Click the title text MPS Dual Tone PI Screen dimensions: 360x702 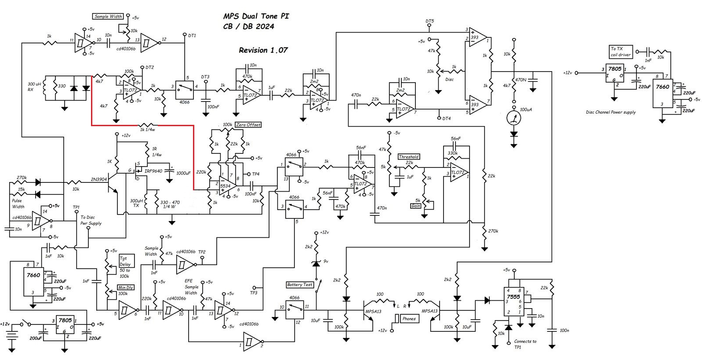(256, 16)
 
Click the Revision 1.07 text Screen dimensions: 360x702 (263, 50)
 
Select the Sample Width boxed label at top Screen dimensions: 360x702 (108, 17)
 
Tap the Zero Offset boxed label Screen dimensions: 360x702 (248, 125)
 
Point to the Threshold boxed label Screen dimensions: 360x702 (408, 156)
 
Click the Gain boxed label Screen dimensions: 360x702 (415, 206)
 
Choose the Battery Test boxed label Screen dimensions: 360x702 (299, 285)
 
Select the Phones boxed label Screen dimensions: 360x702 (408, 319)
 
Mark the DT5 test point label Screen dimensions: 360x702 (429, 21)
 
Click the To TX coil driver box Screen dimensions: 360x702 (620, 51)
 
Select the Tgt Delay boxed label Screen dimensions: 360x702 (124, 262)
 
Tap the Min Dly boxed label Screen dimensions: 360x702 (126, 287)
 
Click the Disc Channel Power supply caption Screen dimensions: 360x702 (611, 113)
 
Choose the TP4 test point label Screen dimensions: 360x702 (255, 174)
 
